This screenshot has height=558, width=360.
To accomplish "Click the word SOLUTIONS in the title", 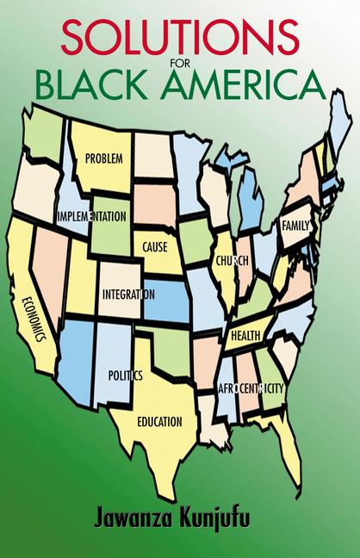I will coord(180,37).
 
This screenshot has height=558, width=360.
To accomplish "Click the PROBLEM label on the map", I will coord(103,159).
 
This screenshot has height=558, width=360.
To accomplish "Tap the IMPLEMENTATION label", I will coord(92,215).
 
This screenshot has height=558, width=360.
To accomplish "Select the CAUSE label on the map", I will coord(155,246).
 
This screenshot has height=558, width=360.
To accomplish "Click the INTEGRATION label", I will coord(128,294).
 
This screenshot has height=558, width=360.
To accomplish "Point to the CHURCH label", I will coord(233,259).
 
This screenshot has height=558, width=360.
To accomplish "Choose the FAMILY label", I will coord(295,225).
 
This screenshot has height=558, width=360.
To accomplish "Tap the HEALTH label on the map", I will coord(245,334).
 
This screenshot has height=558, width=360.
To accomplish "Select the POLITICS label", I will coord(125,375).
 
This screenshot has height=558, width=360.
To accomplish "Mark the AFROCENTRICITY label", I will coord(251,388).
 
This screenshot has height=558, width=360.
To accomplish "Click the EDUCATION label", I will coord(159,421).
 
